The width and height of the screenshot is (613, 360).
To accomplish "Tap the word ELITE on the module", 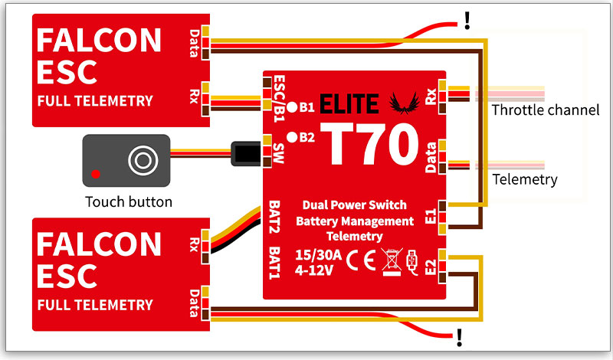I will pyautogui.click(x=349, y=103).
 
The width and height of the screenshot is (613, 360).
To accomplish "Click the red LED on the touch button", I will pyautogui.click(x=95, y=173).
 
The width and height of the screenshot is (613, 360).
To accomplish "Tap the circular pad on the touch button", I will pyautogui.click(x=143, y=159).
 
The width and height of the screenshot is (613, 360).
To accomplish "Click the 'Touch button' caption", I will pyautogui.click(x=129, y=202).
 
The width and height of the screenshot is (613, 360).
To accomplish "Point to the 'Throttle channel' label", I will pyautogui.click(x=545, y=110).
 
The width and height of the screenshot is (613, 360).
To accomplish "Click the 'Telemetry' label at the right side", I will pyautogui.click(x=524, y=180).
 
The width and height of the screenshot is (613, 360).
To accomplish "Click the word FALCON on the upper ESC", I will pyautogui.click(x=99, y=41).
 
